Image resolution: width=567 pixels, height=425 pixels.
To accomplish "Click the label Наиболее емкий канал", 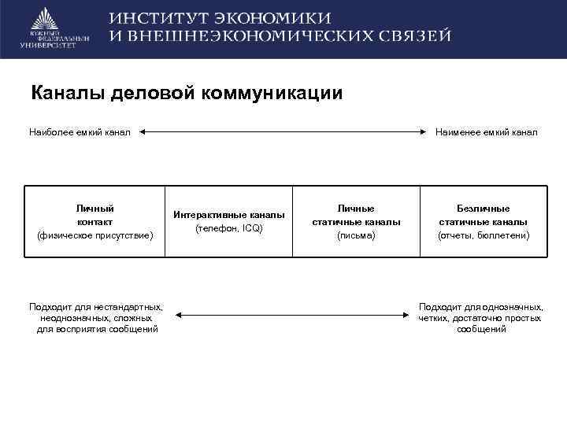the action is [x=80, y=132].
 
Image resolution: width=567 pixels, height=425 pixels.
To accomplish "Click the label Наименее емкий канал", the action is [x=486, y=132].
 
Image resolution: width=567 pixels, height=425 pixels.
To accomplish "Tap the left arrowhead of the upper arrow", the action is [x=145, y=132].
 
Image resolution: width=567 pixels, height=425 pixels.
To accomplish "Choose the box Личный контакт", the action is [x=94, y=221].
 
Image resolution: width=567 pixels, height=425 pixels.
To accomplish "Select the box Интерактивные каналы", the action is [x=229, y=221].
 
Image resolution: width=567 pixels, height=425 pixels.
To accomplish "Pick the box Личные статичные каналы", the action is [x=356, y=221].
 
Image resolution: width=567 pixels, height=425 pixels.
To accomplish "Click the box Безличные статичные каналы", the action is [x=483, y=221].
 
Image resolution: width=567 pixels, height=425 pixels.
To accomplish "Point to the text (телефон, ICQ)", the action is [x=229, y=228].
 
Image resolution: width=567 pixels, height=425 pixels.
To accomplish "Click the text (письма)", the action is [x=356, y=235].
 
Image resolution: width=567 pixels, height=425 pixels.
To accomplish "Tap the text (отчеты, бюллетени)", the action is [x=483, y=235].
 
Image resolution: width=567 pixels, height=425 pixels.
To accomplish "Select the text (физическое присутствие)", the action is [x=94, y=235].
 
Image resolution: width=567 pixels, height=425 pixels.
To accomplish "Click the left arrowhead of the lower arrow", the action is [x=178, y=315].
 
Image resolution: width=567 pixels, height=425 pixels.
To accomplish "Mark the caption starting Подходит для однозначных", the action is [x=480, y=317].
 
